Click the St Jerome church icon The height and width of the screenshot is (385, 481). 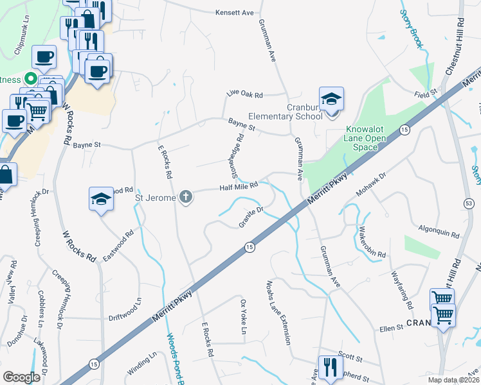[x=186, y=197]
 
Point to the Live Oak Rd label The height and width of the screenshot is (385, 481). [x=244, y=94]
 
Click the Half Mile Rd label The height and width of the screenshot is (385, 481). [x=238, y=185]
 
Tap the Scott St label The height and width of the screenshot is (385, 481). [x=350, y=355]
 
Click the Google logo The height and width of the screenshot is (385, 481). [x=22, y=377]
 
